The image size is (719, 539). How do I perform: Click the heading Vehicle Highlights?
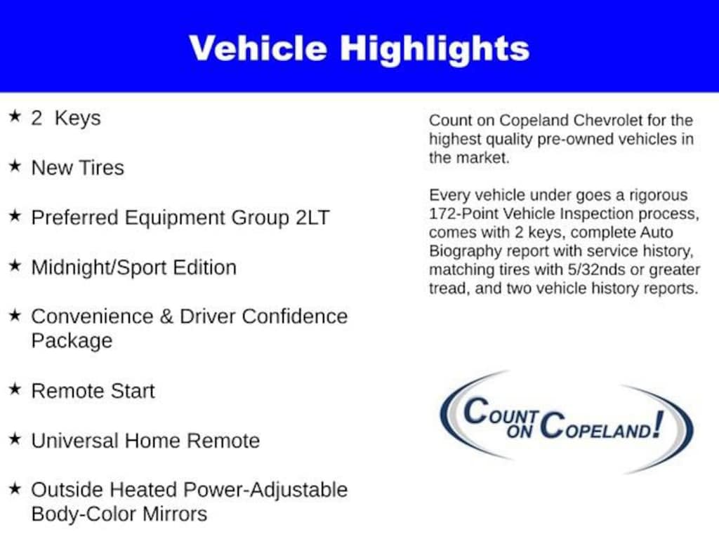pyautogui.click(x=359, y=48)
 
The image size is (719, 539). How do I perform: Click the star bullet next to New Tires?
pyautogui.click(x=15, y=166)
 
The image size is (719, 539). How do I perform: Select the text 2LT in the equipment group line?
pyautogui.click(x=312, y=218)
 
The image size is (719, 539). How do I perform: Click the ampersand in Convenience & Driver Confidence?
pyautogui.click(x=166, y=317)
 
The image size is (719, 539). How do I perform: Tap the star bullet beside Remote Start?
pyautogui.click(x=15, y=389)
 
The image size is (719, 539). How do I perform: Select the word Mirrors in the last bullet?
pyautogui.click(x=175, y=514)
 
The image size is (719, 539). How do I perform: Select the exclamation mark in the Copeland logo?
pyautogui.click(x=659, y=424)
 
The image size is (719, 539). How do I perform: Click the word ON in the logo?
pyautogui.click(x=519, y=432)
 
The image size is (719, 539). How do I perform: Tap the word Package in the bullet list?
pyautogui.click(x=72, y=341)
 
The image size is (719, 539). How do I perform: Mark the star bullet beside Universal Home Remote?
pyautogui.click(x=15, y=439)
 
